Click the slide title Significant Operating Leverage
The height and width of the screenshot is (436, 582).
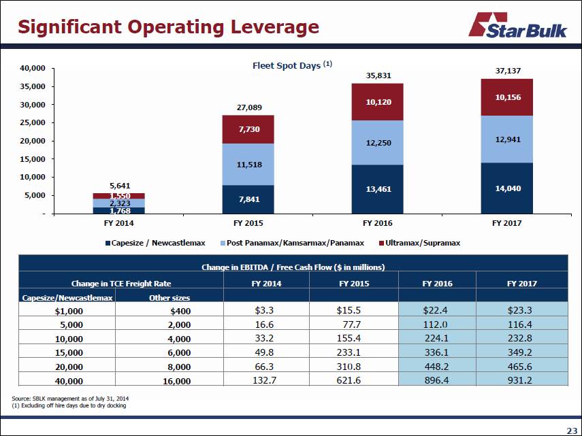click(x=168, y=27)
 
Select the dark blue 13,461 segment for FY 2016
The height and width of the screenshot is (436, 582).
click(x=377, y=188)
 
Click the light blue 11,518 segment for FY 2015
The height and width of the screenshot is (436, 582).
click(x=248, y=164)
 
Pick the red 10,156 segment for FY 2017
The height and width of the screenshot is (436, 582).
click(x=506, y=97)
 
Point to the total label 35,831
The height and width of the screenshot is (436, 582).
click(x=378, y=76)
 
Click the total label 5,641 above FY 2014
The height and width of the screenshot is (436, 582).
click(x=120, y=185)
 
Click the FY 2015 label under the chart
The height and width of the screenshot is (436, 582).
click(x=248, y=222)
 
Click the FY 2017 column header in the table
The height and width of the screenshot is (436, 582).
click(x=522, y=283)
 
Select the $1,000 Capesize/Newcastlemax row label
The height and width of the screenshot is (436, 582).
click(x=69, y=311)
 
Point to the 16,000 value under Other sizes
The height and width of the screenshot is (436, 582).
click(x=176, y=381)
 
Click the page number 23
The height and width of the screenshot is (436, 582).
click(x=571, y=429)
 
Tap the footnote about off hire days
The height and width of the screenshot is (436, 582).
click(x=69, y=405)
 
